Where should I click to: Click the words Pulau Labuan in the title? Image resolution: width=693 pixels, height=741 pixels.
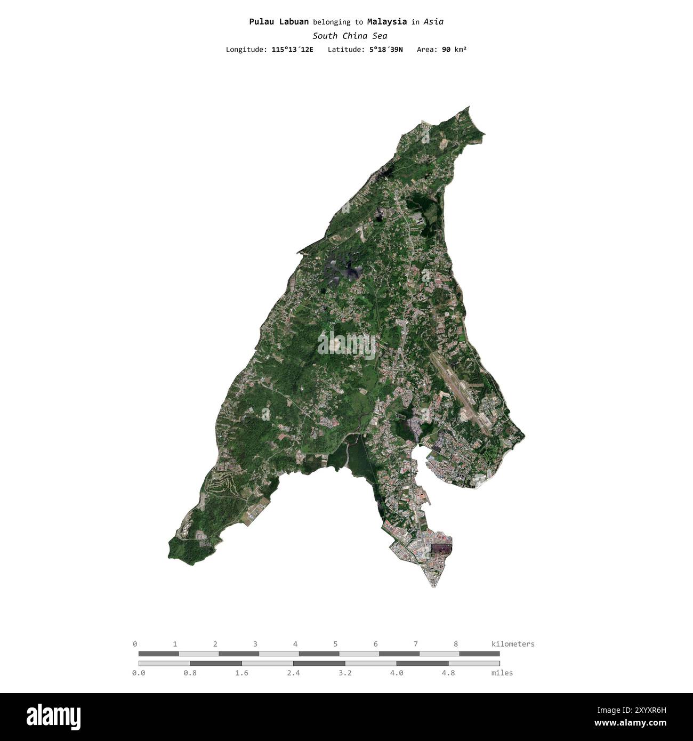pyautogui.click(x=279, y=22)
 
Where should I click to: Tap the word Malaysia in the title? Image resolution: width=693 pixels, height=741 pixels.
pyautogui.click(x=386, y=22)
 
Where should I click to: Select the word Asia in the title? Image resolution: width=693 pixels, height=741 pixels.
pyautogui.click(x=433, y=22)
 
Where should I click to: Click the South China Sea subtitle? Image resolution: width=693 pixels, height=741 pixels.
pyautogui.click(x=350, y=36)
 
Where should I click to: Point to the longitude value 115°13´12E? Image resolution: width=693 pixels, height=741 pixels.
pyautogui.click(x=292, y=50)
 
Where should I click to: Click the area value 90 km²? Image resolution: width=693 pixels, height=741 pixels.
pyautogui.click(x=454, y=50)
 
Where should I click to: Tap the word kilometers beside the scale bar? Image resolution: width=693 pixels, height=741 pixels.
pyautogui.click(x=512, y=644)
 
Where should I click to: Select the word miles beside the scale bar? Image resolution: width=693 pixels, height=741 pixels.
pyautogui.click(x=502, y=673)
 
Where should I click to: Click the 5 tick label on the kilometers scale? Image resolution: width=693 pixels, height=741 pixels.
pyautogui.click(x=335, y=644)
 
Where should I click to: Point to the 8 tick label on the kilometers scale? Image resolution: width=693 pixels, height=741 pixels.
pyautogui.click(x=456, y=644)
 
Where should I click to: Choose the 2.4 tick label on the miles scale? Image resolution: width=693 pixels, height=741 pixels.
pyautogui.click(x=293, y=673)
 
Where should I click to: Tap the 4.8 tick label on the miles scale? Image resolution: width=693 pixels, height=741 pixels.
pyautogui.click(x=448, y=673)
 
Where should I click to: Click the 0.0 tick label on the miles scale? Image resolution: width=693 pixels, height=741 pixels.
pyautogui.click(x=139, y=673)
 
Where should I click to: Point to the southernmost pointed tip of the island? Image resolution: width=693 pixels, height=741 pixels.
pyautogui.click(x=433, y=586)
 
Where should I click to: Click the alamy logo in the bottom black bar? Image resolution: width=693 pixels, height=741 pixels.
pyautogui.click(x=54, y=717)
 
